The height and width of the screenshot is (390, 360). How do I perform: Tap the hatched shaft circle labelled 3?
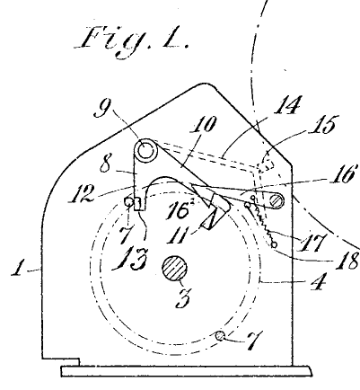[174, 268]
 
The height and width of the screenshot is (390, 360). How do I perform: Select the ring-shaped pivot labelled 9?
[145, 150]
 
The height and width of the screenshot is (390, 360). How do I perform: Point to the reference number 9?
[102, 109]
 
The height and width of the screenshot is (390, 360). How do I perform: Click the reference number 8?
[105, 164]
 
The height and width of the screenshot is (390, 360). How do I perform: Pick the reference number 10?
[204, 125]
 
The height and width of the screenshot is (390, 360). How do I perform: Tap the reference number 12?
[82, 194]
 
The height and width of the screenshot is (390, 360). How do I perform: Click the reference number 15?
[322, 124]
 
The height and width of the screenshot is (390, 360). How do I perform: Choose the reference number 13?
[130, 258]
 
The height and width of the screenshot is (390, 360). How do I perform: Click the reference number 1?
[18, 268]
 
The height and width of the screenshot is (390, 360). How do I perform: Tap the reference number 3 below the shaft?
[182, 299]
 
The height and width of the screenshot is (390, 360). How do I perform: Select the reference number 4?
[314, 281]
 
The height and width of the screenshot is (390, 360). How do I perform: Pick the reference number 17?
[312, 242]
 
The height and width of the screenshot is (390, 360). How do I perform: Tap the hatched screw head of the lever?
[275, 200]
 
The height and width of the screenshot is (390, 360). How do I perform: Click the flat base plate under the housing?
[187, 371]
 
